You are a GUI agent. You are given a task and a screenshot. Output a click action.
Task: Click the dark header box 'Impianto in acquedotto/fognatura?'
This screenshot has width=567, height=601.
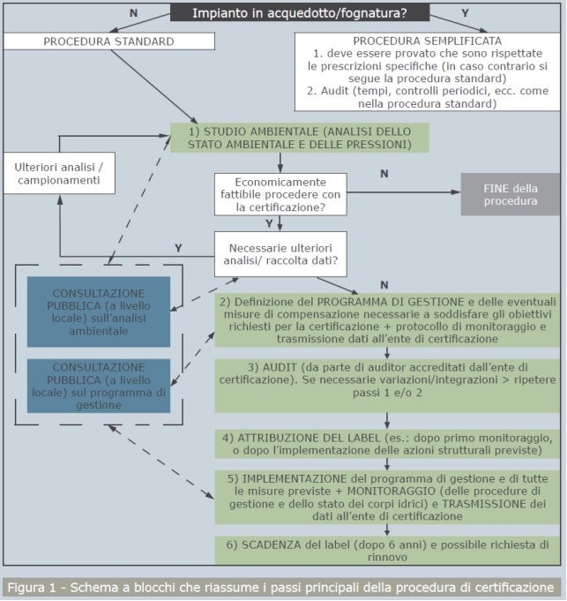coord(300,12)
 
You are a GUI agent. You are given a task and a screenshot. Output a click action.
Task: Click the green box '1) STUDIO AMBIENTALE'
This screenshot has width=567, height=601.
coord(299,138)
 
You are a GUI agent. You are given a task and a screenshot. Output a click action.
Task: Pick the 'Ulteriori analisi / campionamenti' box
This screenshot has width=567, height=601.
coord(58,174)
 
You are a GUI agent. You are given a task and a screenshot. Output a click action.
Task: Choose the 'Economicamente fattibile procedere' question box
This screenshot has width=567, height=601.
coord(280,194)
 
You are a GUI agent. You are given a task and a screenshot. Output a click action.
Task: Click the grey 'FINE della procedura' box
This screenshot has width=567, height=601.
coord(510,194)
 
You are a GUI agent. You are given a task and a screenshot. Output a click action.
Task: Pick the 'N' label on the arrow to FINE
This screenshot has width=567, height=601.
coord(384,174)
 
